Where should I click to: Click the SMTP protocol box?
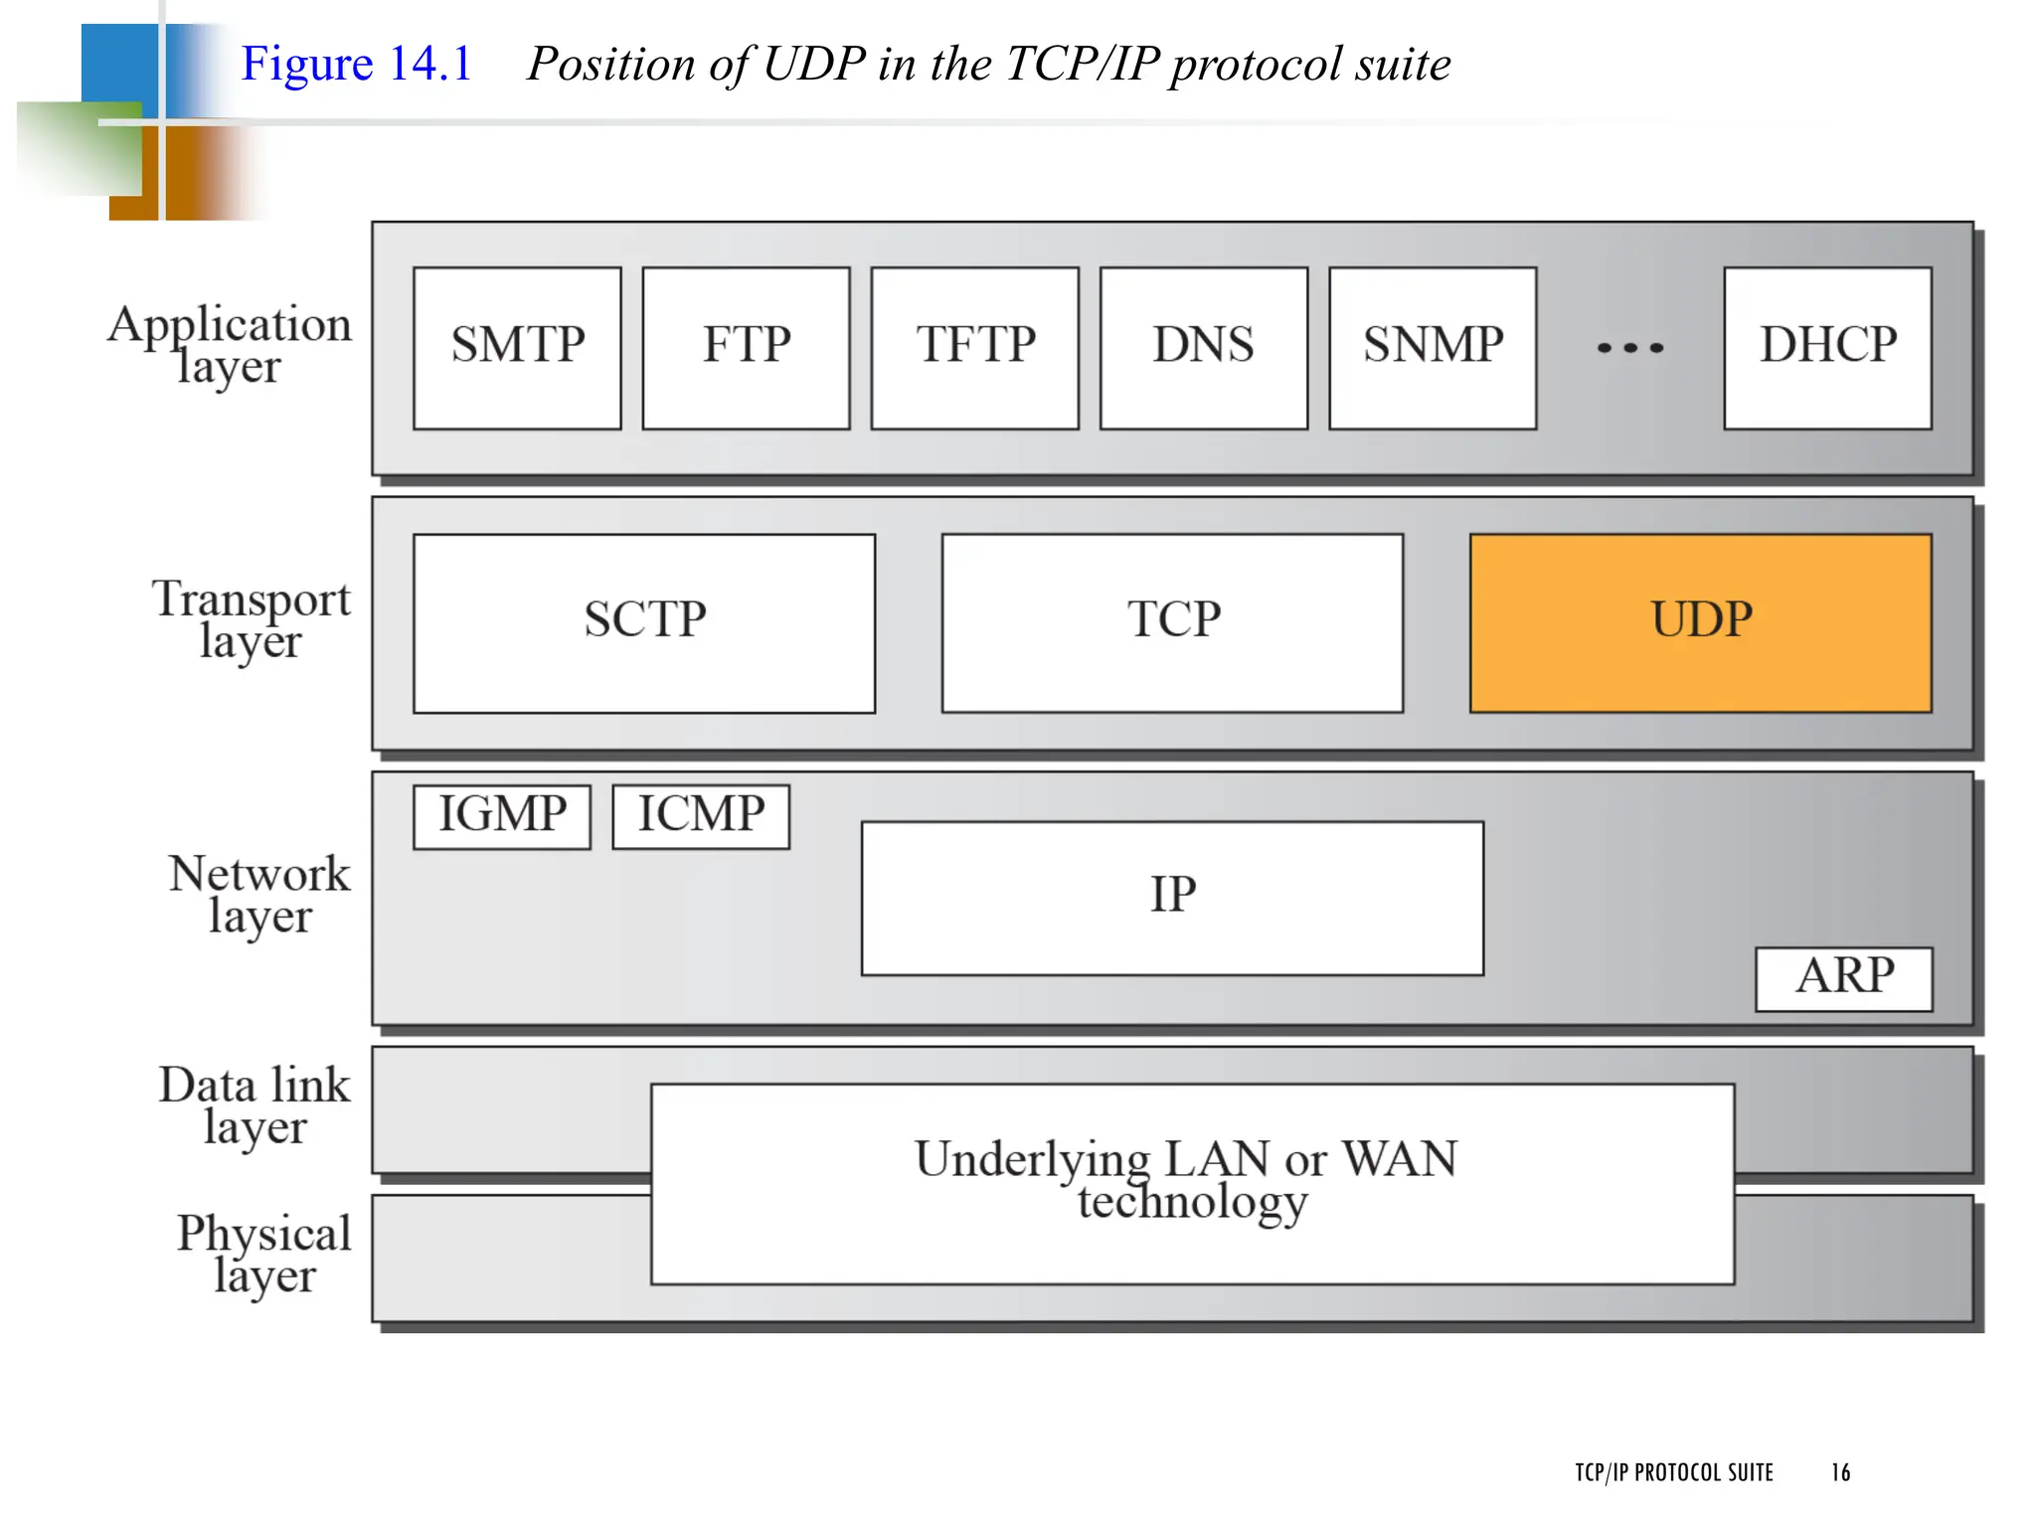[517, 347]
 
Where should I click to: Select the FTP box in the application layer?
[746, 347]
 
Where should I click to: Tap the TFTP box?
[974, 347]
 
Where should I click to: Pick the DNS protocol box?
[1203, 347]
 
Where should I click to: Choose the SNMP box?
[1433, 347]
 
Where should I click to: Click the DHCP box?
[1827, 347]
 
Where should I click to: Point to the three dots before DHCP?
[1630, 348]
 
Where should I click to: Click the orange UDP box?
[1700, 622]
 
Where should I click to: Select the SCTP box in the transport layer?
[644, 622]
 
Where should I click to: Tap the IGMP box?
[502, 816]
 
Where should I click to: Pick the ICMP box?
[701, 816]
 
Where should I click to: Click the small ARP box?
[1844, 978]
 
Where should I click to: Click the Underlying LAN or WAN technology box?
[1192, 1183]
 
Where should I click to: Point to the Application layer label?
[230, 344]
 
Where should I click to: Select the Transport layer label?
[251, 618]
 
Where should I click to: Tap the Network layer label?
[259, 893]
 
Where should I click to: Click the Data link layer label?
[254, 1104]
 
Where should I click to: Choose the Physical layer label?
[264, 1253]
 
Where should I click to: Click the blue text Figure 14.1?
[356, 64]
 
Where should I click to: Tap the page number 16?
[1840, 1472]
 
